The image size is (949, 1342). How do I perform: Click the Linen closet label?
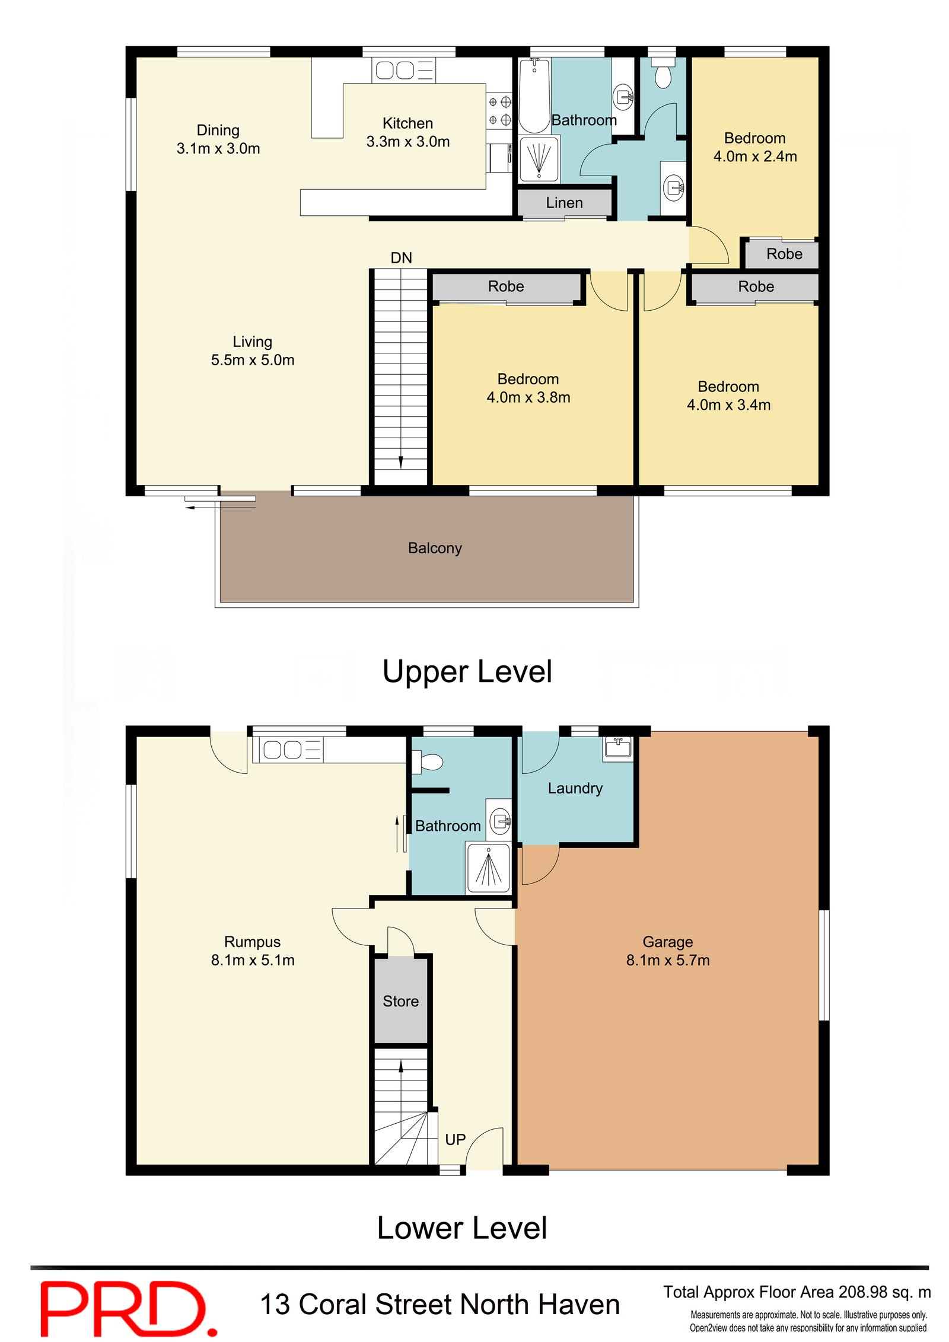click(x=563, y=203)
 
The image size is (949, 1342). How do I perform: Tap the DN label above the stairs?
click(x=401, y=257)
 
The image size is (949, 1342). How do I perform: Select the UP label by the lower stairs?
click(x=455, y=1139)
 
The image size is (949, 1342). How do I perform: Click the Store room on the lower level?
click(x=400, y=1001)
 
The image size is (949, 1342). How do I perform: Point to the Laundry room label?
click(x=575, y=788)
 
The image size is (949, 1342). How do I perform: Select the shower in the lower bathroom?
click(x=488, y=868)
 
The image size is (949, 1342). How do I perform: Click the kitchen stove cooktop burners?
click(x=499, y=111)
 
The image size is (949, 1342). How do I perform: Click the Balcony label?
click(x=435, y=548)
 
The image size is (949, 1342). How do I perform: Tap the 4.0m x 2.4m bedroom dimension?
click(x=754, y=157)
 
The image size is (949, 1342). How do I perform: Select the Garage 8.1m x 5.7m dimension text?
click(x=668, y=960)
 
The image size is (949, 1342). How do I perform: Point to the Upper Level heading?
click(x=467, y=672)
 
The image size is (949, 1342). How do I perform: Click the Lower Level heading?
click(x=462, y=1228)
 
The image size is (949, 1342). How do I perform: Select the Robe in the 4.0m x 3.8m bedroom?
click(x=506, y=286)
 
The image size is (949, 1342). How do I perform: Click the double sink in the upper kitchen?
click(x=395, y=70)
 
